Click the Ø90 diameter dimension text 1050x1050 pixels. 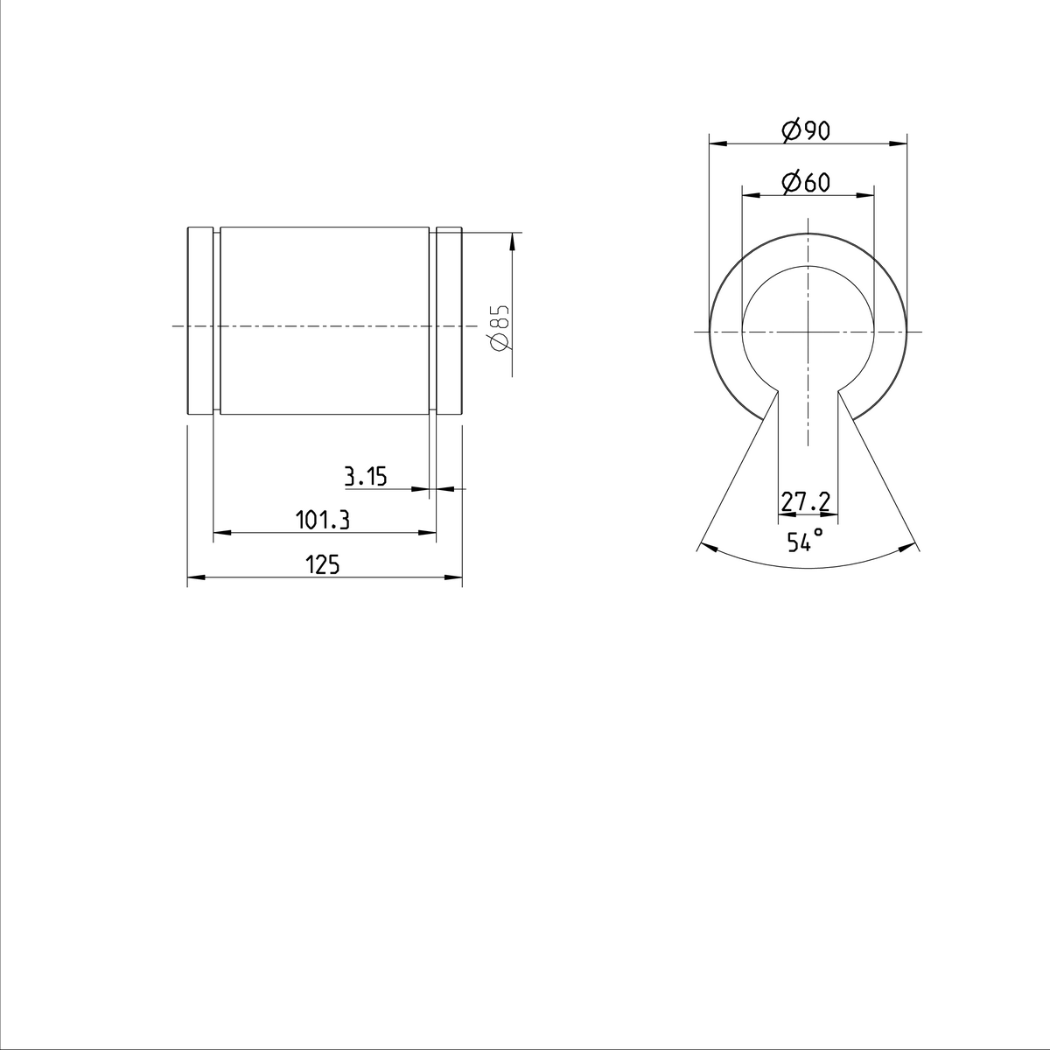click(x=805, y=131)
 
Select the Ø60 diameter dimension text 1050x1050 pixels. click(x=805, y=183)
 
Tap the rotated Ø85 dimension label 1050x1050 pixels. click(x=500, y=328)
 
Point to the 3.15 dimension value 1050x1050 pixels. click(x=365, y=477)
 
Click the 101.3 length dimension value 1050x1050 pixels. click(x=323, y=521)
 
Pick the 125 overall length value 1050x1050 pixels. click(x=322, y=565)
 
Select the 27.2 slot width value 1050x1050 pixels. click(x=806, y=501)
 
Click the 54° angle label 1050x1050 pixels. click(x=804, y=541)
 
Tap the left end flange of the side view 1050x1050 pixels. click(x=200, y=320)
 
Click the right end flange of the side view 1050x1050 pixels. click(x=449, y=320)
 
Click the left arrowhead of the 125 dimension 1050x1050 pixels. click(x=194, y=577)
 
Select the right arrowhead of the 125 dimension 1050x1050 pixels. click(x=455, y=577)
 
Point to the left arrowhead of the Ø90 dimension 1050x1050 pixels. click(x=715, y=142)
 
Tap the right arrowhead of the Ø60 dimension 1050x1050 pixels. click(x=868, y=193)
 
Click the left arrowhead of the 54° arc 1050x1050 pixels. click(x=707, y=548)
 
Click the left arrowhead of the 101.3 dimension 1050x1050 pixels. click(x=220, y=532)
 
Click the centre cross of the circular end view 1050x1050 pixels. click(x=807, y=332)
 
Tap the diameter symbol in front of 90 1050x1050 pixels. click(x=789, y=131)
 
